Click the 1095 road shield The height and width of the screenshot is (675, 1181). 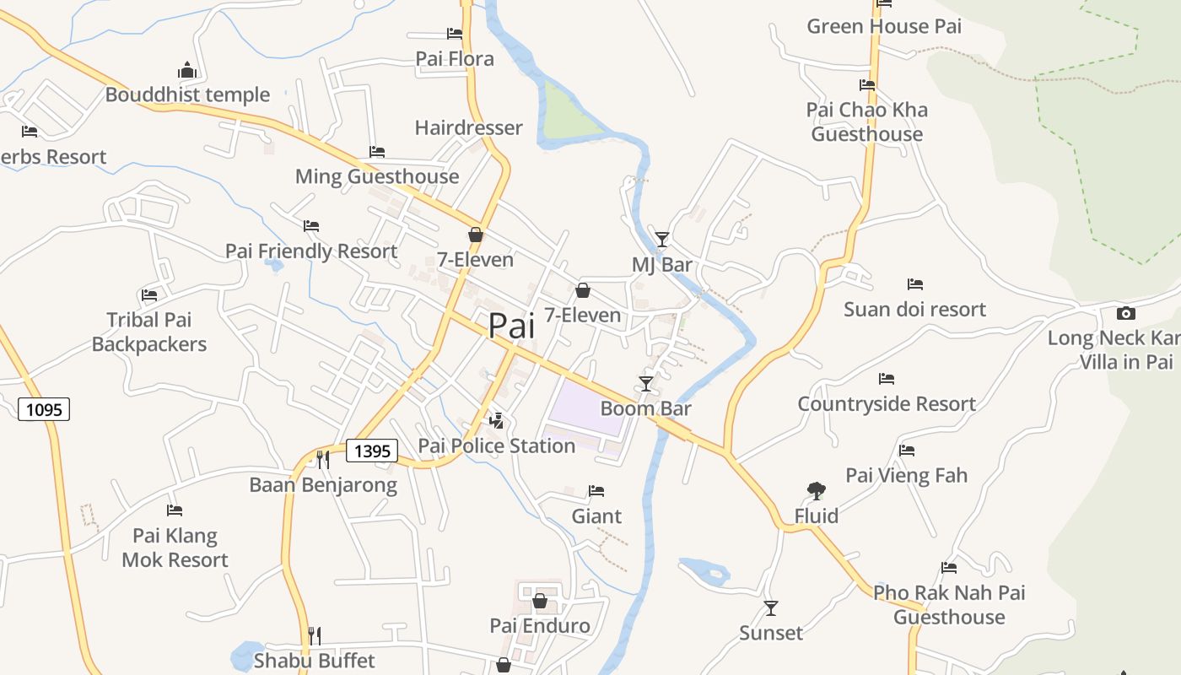point(44,410)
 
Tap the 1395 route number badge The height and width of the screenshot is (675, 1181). point(372,451)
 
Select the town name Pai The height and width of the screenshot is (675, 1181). point(512,326)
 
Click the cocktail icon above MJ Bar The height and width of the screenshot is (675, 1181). point(662,240)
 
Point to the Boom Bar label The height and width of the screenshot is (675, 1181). point(645,408)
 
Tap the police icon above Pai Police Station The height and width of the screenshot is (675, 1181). point(497,420)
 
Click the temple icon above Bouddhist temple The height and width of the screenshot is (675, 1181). point(187,70)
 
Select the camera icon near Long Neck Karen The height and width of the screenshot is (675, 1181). point(1125,314)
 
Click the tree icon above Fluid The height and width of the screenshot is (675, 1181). point(816,490)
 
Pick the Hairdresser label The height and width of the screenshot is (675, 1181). point(468,128)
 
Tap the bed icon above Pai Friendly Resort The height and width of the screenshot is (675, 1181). point(311,226)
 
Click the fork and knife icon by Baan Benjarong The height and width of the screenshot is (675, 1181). point(322,460)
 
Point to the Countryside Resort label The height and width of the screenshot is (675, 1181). point(887,404)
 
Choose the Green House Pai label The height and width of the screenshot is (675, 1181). point(884,26)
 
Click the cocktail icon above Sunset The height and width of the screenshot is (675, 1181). point(770,607)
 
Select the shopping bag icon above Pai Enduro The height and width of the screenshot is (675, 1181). point(540,602)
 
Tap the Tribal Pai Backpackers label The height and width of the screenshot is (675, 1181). point(149,332)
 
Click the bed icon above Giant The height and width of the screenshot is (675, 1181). point(596,491)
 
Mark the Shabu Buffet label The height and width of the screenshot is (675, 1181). point(314,660)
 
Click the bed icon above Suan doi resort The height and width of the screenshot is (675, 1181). point(915,284)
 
